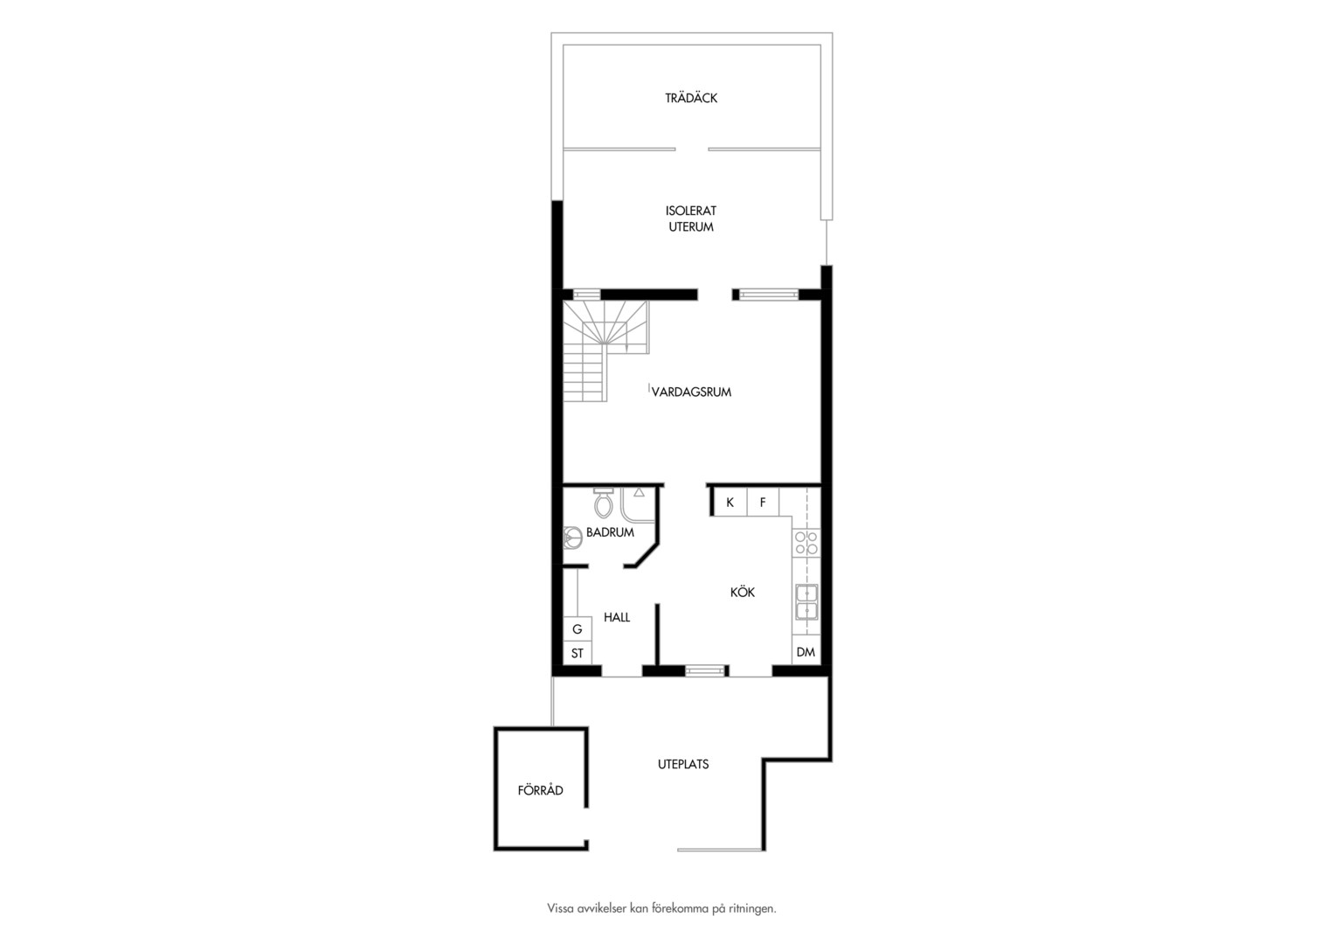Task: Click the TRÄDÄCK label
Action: click(691, 98)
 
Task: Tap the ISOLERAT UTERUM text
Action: click(691, 219)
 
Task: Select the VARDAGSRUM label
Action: click(691, 392)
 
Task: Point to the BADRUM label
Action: click(611, 532)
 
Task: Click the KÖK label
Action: click(743, 592)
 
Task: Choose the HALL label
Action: click(617, 617)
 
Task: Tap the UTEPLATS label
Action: click(683, 764)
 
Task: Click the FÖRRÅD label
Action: click(541, 790)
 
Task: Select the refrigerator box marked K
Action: click(730, 502)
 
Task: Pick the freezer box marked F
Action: click(763, 502)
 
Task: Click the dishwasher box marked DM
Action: click(806, 652)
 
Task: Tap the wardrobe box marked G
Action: click(578, 629)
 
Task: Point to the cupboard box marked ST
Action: click(578, 653)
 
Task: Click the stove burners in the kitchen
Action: click(806, 543)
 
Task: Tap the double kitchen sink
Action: click(807, 601)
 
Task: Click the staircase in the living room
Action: click(605, 350)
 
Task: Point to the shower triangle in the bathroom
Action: click(639, 493)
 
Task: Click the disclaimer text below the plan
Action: click(661, 909)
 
